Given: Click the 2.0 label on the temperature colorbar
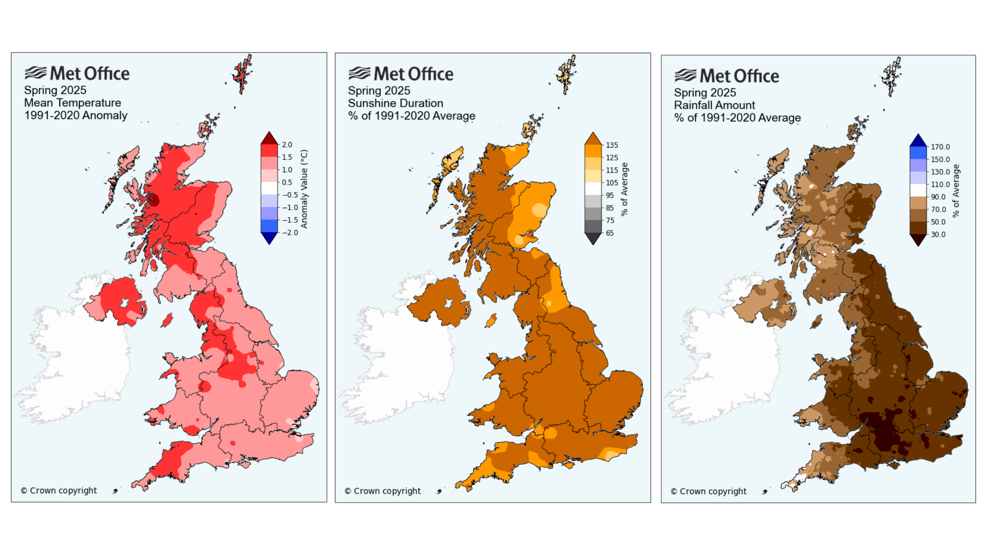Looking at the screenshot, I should pyautogui.click(x=287, y=145).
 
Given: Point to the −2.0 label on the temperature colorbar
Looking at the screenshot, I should pyautogui.click(x=290, y=232).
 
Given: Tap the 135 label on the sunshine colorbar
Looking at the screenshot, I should pyautogui.click(x=612, y=145).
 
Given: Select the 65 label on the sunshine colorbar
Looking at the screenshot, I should pyautogui.click(x=610, y=233).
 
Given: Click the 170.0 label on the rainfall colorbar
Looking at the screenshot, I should pyautogui.click(x=940, y=147).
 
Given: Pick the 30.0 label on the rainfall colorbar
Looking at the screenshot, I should pyautogui.click(x=938, y=234).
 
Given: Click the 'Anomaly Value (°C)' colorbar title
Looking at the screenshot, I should pyautogui.click(x=304, y=189).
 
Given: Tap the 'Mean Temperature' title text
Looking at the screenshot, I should pyautogui.click(x=72, y=103).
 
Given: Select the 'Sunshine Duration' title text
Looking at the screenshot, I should pyautogui.click(x=396, y=103).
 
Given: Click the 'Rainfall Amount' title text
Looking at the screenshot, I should pyautogui.click(x=714, y=105).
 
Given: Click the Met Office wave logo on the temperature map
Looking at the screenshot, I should pyautogui.click(x=35, y=73).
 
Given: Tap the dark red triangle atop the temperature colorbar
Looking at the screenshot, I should pyautogui.click(x=269, y=138).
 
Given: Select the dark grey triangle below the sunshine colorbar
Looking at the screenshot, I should pyautogui.click(x=593, y=239).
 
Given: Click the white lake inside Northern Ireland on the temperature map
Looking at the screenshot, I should pyautogui.click(x=124, y=303).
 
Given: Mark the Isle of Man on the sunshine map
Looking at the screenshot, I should pyautogui.click(x=491, y=320).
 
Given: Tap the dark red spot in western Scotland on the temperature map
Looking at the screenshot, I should pyautogui.click(x=154, y=200).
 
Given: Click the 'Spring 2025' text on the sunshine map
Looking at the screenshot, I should pyautogui.click(x=379, y=91).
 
